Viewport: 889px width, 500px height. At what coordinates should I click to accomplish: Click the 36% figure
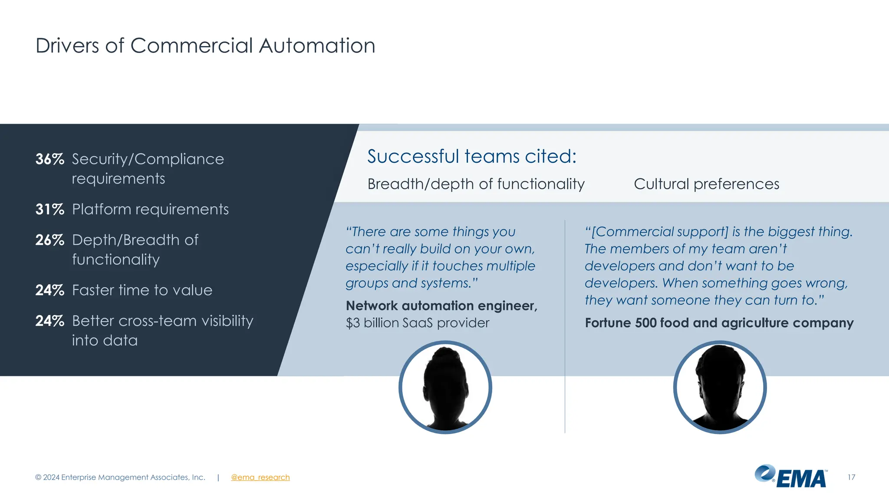[x=49, y=159]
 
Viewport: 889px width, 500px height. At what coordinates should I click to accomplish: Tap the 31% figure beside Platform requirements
[x=49, y=210]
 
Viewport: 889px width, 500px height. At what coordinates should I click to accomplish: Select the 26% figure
[x=49, y=240]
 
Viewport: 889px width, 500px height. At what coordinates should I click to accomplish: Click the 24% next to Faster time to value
[x=49, y=290]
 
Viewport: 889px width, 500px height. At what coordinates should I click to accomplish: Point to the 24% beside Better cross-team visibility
[x=49, y=321]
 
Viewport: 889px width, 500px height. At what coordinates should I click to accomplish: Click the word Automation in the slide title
[x=317, y=46]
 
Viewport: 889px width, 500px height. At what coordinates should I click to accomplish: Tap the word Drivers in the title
[x=67, y=46]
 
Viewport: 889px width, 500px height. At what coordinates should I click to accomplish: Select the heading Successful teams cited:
[x=472, y=156]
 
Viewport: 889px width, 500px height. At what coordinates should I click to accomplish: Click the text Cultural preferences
[x=706, y=184]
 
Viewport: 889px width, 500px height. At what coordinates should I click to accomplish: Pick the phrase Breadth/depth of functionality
[x=476, y=184]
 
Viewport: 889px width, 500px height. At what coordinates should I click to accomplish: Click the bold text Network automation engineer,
[x=441, y=306]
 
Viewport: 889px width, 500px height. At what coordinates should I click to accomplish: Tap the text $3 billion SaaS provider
[x=417, y=323]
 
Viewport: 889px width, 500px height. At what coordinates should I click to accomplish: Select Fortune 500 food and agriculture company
[x=719, y=323]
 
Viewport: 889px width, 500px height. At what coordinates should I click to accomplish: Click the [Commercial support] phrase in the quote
[x=660, y=232]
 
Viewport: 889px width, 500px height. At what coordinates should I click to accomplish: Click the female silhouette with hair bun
[x=445, y=387]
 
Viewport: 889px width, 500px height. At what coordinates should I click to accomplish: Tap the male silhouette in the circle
[x=720, y=387]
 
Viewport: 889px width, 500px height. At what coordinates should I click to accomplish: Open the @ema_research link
[x=260, y=477]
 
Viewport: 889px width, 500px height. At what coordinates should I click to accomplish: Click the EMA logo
[x=791, y=477]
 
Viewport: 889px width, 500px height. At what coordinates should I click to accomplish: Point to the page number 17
[x=851, y=477]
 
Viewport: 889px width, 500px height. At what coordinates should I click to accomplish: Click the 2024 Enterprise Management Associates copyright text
[x=120, y=477]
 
